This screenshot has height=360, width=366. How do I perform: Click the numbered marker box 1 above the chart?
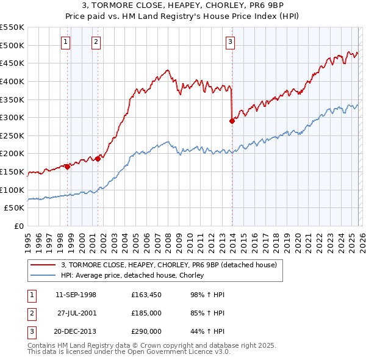tap(65, 42)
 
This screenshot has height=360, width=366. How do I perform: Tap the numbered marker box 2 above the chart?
tap(96, 42)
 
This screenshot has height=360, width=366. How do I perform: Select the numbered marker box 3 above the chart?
tap(230, 42)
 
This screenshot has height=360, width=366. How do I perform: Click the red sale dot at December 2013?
tap(232, 121)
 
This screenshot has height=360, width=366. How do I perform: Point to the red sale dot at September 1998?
tap(67, 167)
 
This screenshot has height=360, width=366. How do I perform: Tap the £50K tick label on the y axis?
tap(15, 208)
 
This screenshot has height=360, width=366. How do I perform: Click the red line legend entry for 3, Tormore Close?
tap(169, 265)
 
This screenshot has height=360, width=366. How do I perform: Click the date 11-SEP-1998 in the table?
tap(76, 295)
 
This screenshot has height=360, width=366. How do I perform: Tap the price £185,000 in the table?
tap(146, 313)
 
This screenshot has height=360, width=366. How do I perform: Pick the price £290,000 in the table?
tap(146, 331)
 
